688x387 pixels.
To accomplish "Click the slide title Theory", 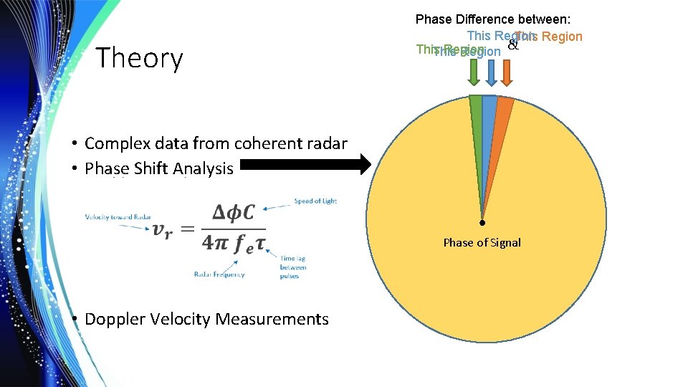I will coord(139,58).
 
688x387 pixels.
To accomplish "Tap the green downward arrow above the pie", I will coord(473,72).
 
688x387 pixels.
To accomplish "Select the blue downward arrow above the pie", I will coord(490,72).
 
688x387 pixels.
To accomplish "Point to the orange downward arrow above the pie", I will coord(506,72).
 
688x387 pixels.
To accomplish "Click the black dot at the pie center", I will coord(482,222).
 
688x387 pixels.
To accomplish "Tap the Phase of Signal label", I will coord(482,242).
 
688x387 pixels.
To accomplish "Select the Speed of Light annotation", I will coord(315,201).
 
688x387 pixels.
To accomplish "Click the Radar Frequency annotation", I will coord(219,274).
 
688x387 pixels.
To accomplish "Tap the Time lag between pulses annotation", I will coord(293,267).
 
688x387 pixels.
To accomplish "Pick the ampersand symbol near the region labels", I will coord(512,46).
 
